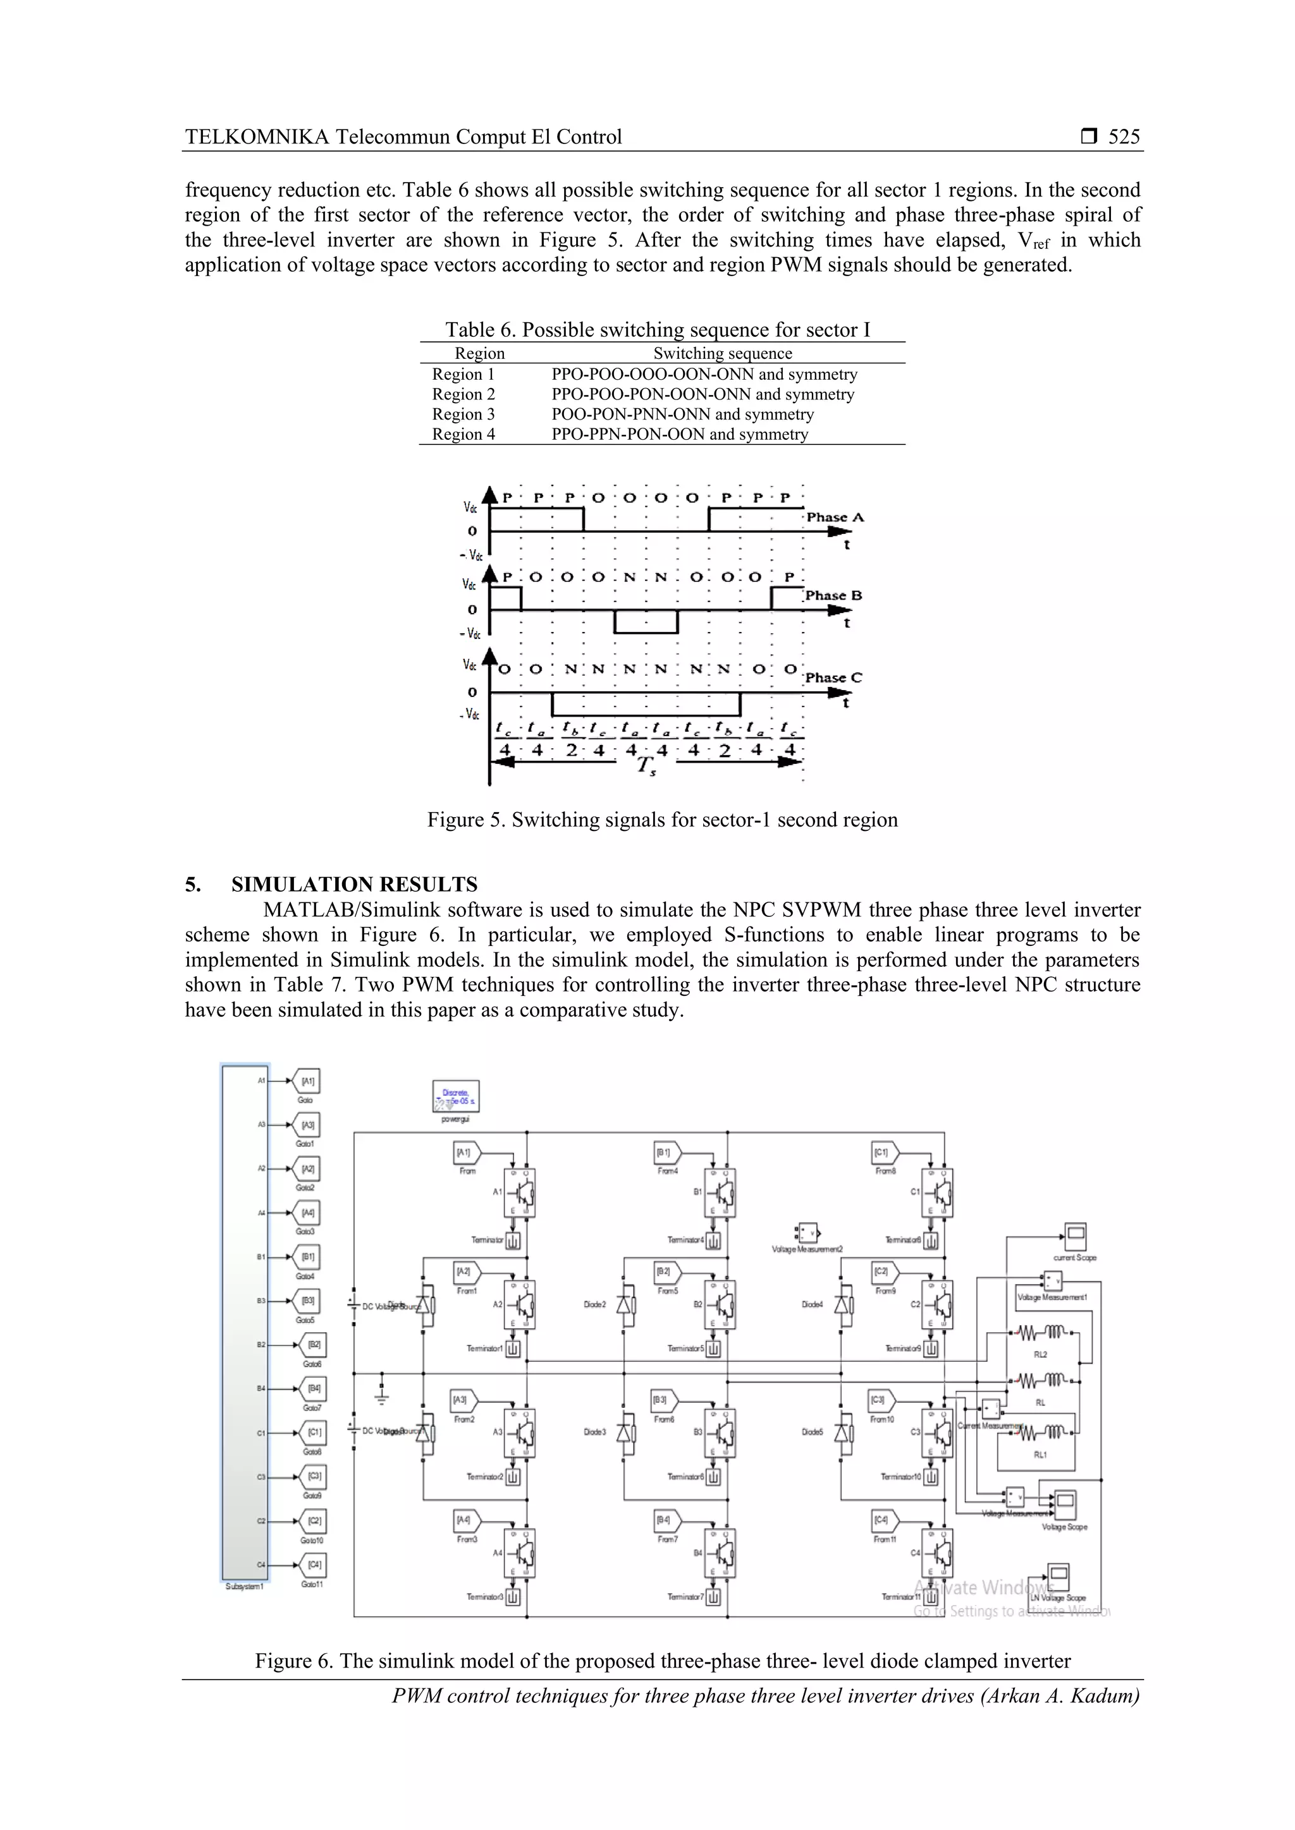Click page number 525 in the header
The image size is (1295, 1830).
pos(1124,137)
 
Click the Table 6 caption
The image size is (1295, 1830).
pos(657,329)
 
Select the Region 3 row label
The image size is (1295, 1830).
pos(463,414)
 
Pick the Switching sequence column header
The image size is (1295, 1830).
pos(723,353)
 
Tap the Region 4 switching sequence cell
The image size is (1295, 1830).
pos(679,434)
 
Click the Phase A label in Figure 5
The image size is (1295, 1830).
pos(835,518)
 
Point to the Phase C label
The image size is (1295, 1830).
pos(833,677)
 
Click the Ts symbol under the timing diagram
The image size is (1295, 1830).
pos(644,766)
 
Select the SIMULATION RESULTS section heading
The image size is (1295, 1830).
pos(354,884)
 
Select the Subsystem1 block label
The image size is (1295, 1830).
pos(244,1586)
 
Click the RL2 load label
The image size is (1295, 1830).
pos(1040,1354)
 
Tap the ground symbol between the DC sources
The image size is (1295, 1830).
pos(382,1395)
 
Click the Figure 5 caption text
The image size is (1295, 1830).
pos(662,820)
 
